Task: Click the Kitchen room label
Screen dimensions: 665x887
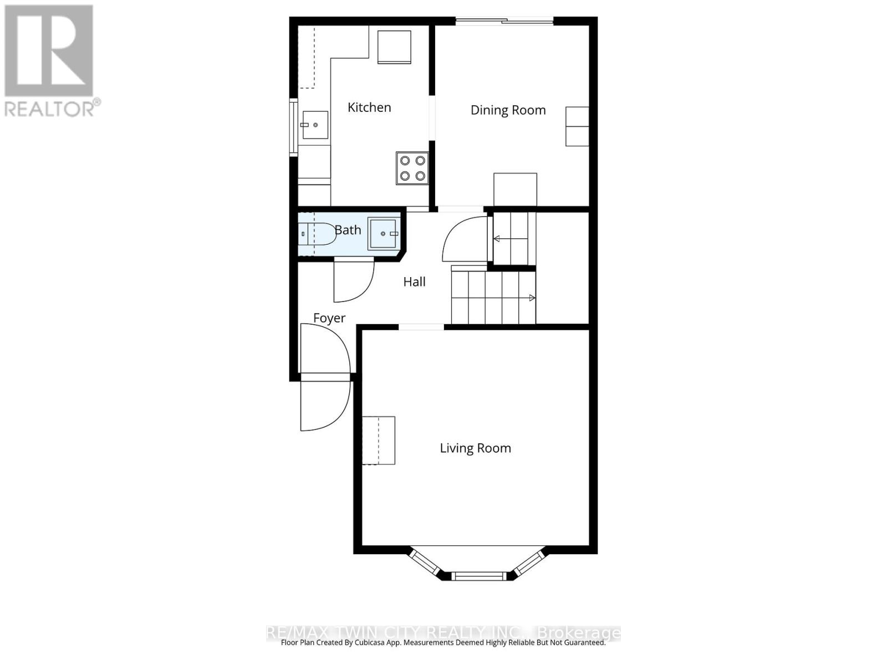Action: [369, 108]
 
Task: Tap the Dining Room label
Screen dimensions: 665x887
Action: [508, 110]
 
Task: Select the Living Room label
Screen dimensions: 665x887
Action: [475, 448]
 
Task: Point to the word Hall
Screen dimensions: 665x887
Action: [414, 282]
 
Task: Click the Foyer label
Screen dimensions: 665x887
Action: [329, 318]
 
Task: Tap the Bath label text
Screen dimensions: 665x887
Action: [348, 230]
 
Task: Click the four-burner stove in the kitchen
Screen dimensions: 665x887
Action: [412, 168]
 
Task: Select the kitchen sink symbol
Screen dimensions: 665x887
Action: [315, 125]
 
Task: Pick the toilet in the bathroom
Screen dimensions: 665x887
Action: [317, 234]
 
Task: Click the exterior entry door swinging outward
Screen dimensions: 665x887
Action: [324, 407]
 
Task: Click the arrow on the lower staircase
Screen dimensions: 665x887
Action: [532, 298]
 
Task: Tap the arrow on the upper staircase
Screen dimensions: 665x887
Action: [497, 239]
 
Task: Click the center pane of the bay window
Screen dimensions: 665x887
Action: [478, 576]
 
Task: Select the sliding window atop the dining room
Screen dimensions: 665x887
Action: [504, 22]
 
